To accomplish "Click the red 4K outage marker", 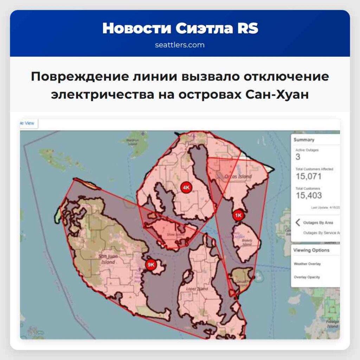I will click(186, 188).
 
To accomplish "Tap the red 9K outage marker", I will click(151, 265).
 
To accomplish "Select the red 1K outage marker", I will click(238, 215).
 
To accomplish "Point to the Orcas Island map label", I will click(238, 176).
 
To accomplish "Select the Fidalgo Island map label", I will click(332, 323).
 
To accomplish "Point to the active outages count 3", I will click(298, 157).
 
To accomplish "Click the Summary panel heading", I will click(304, 140).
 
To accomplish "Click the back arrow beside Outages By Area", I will click(298, 223).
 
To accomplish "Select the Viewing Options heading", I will click(311, 250).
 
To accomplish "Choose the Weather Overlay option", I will click(307, 264).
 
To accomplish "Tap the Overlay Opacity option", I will click(307, 277).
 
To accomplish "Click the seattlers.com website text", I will click(180, 45).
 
